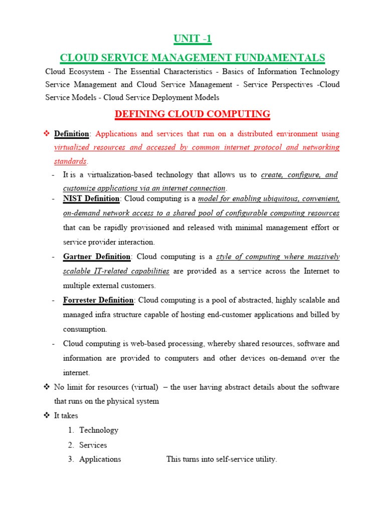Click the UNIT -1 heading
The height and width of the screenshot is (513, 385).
tap(192, 39)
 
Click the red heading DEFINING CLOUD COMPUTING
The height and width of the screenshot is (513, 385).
tap(192, 114)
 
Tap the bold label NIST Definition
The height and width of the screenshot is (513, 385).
tap(91, 199)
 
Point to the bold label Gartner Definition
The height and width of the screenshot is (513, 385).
tap(97, 257)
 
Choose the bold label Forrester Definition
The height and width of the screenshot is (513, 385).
tap(98, 301)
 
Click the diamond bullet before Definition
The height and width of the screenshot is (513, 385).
tap(47, 134)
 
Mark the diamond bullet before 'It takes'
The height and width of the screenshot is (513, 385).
tap(47, 416)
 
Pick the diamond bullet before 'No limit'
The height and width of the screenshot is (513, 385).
tap(47, 387)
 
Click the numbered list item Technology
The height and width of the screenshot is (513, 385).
tap(99, 430)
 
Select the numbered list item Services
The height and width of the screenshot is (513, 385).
tap(93, 445)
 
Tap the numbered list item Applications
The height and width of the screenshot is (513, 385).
tap(100, 459)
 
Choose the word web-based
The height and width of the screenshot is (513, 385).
tap(153, 344)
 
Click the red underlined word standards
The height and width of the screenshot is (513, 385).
tap(70, 162)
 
